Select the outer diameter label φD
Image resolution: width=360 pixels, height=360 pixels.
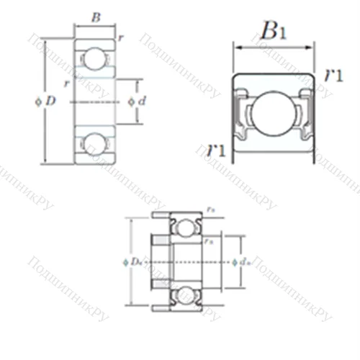point(45,102)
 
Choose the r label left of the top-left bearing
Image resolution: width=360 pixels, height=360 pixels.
point(66,84)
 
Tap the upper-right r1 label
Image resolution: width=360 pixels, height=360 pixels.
point(333,75)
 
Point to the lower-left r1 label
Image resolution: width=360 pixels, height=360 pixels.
point(215,150)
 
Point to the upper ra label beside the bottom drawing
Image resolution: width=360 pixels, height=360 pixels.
point(210,209)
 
